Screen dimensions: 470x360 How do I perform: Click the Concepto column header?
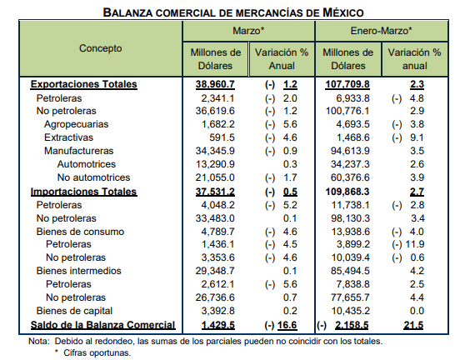pyautogui.click(x=100, y=48)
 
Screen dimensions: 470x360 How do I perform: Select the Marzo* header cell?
pyautogui.click(x=248, y=31)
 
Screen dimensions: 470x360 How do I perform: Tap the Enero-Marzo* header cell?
pyautogui.click(x=382, y=31)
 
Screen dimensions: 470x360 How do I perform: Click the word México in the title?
pyautogui.click(x=343, y=12)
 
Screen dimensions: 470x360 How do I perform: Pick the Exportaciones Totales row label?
pyautogui.click(x=83, y=84)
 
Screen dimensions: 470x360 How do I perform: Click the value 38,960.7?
pyautogui.click(x=215, y=84)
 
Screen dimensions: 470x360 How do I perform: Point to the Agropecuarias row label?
pyautogui.click(x=76, y=124)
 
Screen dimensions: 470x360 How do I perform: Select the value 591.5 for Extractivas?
pyautogui.click(x=222, y=137)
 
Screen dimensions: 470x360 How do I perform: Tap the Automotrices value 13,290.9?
pyautogui.click(x=215, y=164)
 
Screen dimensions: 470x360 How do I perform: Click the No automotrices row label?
pyautogui.click(x=93, y=177)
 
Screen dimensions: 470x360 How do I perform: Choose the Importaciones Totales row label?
pyautogui.click(x=83, y=192)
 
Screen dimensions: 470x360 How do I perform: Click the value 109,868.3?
pyautogui.click(x=347, y=192)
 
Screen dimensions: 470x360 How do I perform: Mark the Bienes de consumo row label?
pyautogui.click(x=80, y=232)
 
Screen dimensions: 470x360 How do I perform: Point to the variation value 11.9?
pyautogui.click(x=415, y=244)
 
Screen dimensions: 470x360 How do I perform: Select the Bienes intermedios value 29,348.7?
pyautogui.click(x=215, y=271)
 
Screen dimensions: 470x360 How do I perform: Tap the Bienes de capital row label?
pyautogui.click(x=74, y=311)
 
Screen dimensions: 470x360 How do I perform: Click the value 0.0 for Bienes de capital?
pyautogui.click(x=417, y=311)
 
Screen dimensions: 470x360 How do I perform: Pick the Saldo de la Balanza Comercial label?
pyautogui.click(x=102, y=325)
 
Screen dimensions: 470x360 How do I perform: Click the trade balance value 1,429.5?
pyautogui.click(x=218, y=325)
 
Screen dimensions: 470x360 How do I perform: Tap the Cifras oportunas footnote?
pyautogui.click(x=93, y=352)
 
